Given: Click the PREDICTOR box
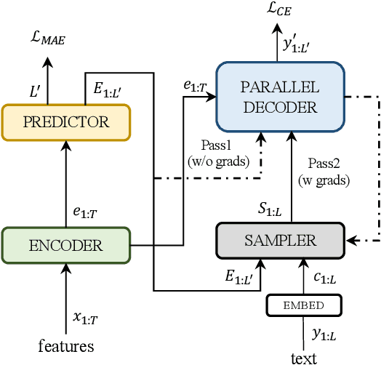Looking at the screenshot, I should coord(65,121).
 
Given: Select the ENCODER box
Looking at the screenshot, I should coord(65,245).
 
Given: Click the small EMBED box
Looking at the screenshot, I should coord(303,305).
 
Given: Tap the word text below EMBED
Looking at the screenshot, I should coord(303,358).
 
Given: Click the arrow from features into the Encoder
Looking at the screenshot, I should coord(66,298).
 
